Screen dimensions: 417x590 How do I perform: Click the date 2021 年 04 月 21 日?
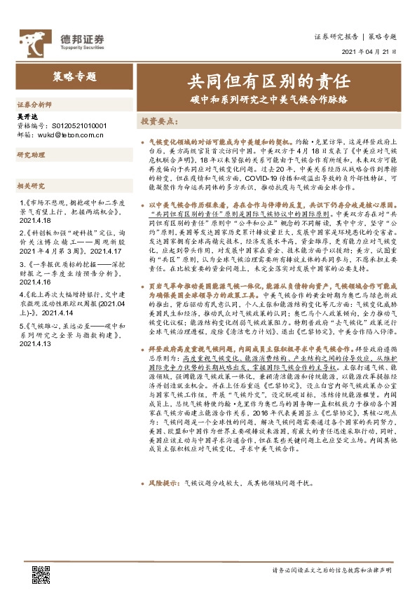coord(369,51)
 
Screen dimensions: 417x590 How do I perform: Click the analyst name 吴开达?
coord(26,116)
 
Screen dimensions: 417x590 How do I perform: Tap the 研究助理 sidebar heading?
coord(32,155)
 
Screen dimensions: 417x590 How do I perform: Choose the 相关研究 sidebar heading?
coord(32,186)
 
